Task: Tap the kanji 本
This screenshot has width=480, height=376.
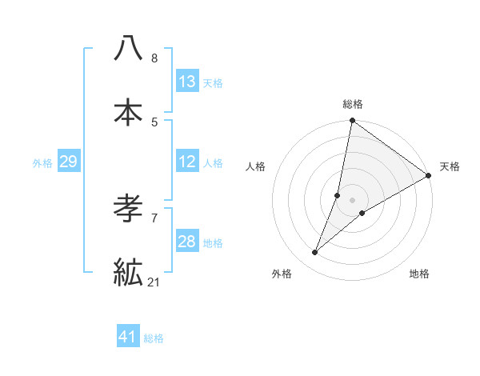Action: [x=129, y=111]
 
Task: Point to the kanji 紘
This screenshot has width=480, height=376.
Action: [x=129, y=272]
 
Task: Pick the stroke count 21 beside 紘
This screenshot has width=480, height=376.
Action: [x=154, y=282]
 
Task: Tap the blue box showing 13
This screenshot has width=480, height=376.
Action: [x=187, y=81]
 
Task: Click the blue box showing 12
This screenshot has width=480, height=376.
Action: [x=187, y=162]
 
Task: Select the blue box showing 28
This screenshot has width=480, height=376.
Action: [x=187, y=242]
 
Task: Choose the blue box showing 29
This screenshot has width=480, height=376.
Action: [x=68, y=162]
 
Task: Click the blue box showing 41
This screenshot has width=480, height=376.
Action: [x=128, y=337]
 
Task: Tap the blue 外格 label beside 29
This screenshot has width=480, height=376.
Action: [x=42, y=162]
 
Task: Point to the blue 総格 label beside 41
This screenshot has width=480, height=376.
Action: [x=154, y=338]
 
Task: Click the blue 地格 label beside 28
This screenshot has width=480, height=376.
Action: [x=213, y=242]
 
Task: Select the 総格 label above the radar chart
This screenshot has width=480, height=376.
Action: [x=353, y=104]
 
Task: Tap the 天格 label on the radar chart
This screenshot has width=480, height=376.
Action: [x=450, y=166]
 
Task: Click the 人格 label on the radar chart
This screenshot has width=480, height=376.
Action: [x=256, y=166]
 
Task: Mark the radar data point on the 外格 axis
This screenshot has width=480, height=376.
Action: [x=315, y=253]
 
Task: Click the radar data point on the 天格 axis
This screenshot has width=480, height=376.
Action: [x=429, y=176]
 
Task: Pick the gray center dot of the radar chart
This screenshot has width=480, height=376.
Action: [x=353, y=200]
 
